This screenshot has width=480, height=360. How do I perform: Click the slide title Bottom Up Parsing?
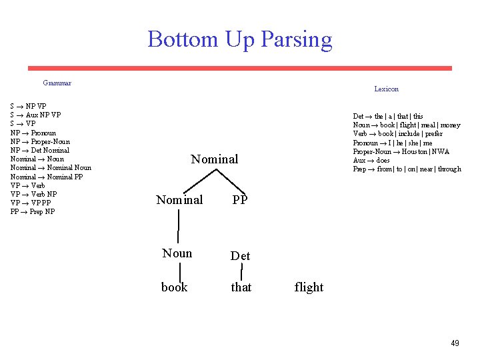[240, 39]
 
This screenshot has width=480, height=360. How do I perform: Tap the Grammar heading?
[57, 83]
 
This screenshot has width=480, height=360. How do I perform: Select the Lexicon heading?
[386, 89]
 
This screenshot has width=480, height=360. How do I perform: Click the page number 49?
[455, 343]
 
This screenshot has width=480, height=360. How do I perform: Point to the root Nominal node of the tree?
[214, 159]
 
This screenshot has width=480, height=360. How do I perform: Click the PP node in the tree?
[239, 199]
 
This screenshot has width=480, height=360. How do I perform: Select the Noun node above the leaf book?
[177, 253]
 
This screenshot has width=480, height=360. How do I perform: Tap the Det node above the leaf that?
[240, 256]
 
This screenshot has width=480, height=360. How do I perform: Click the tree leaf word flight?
[309, 287]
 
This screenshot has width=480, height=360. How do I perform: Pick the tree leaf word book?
[174, 287]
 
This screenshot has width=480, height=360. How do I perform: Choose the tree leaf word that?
[241, 287]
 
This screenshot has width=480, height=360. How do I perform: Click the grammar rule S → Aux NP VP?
[35, 115]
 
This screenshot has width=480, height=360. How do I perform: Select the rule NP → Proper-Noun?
[40, 141]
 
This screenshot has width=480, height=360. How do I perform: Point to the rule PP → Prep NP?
[33, 212]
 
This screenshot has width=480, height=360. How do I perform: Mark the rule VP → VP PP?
[30, 203]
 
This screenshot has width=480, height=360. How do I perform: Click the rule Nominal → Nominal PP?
[47, 177]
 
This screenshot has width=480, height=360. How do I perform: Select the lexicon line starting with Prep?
[407, 169]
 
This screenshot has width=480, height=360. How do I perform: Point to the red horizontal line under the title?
[239, 68]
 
